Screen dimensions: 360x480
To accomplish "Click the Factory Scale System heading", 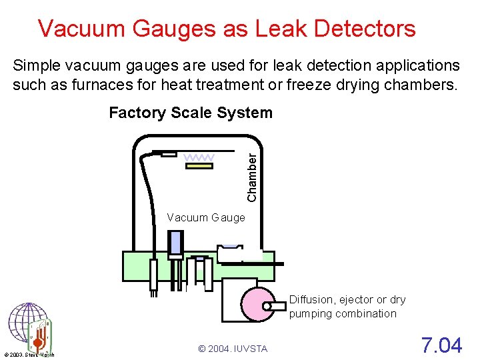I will coord(191,113).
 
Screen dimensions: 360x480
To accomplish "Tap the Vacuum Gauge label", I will coord(206,217).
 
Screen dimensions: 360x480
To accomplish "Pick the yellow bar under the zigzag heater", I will coord(199,166).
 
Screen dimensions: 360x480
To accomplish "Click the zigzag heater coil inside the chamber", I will coord(199,157).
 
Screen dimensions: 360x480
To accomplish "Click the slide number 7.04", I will coord(441,345).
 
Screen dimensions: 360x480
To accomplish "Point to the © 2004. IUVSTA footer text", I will coord(233,349).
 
